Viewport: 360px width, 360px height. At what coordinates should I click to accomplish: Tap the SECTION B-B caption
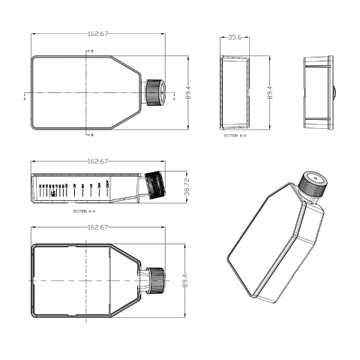click(x=235, y=136)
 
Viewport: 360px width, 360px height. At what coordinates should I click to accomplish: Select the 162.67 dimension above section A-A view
click(x=97, y=161)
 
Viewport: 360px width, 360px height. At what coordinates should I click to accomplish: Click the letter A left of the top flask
click(x=25, y=99)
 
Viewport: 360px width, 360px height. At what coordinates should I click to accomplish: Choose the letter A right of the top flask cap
click(x=174, y=99)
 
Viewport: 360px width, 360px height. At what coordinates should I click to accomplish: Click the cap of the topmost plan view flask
click(x=154, y=92)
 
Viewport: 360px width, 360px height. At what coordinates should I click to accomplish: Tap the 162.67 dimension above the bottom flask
click(x=97, y=227)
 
